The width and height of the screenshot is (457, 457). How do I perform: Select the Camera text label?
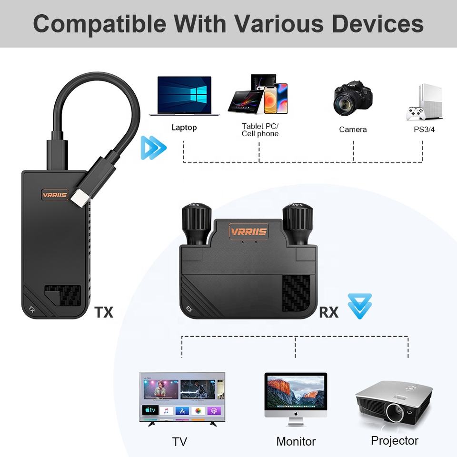(353, 129)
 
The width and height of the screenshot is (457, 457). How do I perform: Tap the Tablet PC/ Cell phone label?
(260, 129)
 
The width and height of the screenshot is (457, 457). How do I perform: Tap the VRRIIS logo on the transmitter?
(55, 195)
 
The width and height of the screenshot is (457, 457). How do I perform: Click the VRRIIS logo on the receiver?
(248, 232)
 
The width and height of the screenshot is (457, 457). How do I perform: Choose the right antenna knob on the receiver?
(298, 223)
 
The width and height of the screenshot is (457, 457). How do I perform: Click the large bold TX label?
(104, 312)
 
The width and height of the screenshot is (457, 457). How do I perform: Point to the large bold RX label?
(328, 312)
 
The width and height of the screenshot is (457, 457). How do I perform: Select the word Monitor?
(296, 441)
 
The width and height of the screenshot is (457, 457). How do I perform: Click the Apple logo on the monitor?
(296, 415)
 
